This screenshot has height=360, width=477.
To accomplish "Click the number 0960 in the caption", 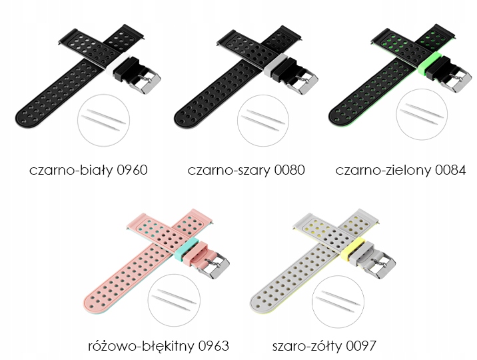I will [x=132, y=169].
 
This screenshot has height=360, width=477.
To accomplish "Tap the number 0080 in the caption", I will [x=289, y=169].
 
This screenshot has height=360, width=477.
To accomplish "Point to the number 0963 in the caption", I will [x=213, y=345].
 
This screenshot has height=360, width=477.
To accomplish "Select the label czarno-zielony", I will [x=382, y=169].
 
